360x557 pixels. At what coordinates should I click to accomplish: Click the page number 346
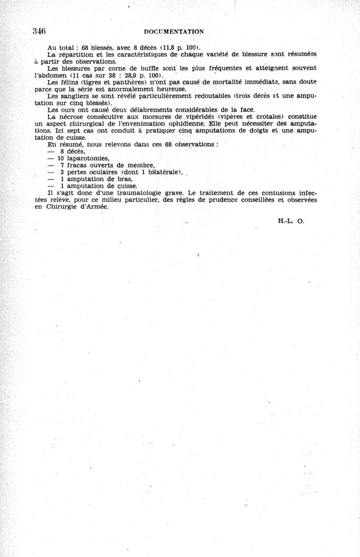click(40, 31)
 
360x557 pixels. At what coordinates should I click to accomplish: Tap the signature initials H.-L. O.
click(288, 221)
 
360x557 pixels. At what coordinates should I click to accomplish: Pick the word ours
click(67, 109)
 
